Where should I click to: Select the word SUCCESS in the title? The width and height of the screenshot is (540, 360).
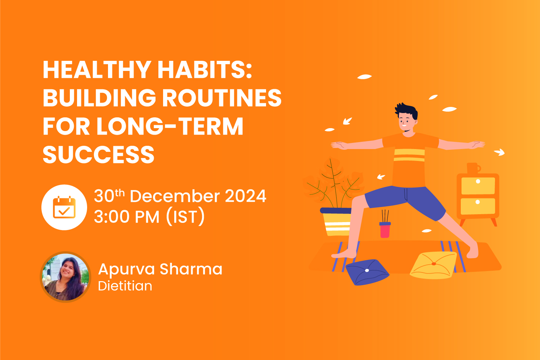point(98,155)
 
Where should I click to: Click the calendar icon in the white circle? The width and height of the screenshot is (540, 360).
point(64,207)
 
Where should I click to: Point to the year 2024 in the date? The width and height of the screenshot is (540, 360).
point(246,196)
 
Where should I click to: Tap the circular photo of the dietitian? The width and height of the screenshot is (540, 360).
point(65,277)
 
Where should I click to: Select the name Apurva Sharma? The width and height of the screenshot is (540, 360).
point(160,269)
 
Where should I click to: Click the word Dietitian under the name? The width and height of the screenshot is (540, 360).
point(125,286)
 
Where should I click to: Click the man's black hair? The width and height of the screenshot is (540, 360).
point(407,110)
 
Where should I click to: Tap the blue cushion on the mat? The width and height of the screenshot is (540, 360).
point(366,272)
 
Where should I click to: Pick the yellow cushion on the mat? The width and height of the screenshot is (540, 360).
point(433,265)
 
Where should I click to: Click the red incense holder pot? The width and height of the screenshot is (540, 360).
point(385,230)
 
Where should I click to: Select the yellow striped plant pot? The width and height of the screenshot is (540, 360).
point(337,222)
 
